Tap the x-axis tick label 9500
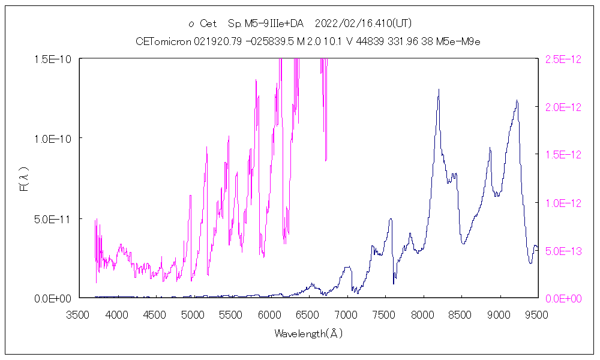[x=536, y=314]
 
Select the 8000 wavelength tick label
[x=422, y=314]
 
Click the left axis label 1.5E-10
[x=53, y=59]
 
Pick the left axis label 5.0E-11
[x=53, y=218]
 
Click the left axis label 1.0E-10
[x=53, y=139]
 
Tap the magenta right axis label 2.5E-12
[x=562, y=59]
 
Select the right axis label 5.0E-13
[x=562, y=250]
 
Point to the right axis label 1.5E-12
[x=562, y=155]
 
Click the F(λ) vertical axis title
[x=25, y=179]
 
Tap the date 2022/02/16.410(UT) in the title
[x=363, y=23]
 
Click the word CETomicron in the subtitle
[x=164, y=41]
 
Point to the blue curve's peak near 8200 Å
[x=439, y=89]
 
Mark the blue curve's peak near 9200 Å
[x=517, y=101]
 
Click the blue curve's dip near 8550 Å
[x=463, y=243]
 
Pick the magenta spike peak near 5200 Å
[x=207, y=146]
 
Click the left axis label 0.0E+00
[x=53, y=298]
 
